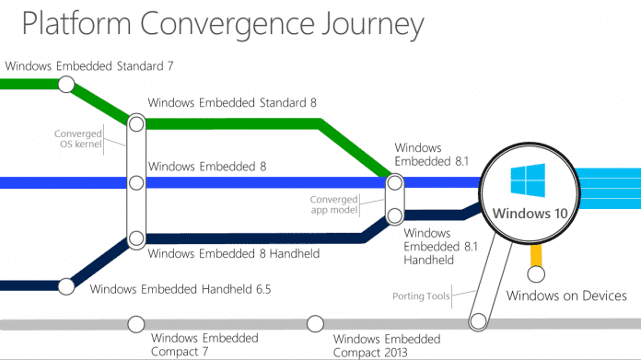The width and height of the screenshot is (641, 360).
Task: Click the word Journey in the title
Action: point(372,25)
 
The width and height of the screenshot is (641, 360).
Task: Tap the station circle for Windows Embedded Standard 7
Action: point(66,85)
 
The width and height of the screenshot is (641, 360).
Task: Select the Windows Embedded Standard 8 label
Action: point(232,102)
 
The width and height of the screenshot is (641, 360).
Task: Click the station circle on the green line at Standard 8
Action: point(136,123)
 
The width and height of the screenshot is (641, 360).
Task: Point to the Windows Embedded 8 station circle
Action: point(136,182)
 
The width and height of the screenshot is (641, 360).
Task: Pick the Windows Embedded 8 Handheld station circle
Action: point(136,238)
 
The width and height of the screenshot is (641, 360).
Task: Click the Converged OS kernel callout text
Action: point(78,139)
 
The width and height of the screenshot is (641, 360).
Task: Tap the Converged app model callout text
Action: point(334,204)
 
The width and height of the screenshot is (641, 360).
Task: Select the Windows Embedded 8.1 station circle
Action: point(395,182)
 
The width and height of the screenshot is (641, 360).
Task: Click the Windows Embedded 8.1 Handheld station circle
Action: point(395,215)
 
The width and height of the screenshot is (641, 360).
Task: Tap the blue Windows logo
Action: point(528,180)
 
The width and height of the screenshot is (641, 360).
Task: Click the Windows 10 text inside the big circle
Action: point(530,214)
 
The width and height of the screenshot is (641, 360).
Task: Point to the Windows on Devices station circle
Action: point(536,274)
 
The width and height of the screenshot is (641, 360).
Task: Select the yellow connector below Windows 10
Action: point(536,255)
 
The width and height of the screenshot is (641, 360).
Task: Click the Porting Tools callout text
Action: point(421,296)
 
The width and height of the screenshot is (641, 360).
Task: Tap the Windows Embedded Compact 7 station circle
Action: point(136,324)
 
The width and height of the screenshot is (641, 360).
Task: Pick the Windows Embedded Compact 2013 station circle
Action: point(315,324)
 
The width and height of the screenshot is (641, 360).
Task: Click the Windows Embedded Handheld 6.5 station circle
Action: point(66,286)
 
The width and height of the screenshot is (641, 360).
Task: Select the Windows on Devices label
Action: point(566,296)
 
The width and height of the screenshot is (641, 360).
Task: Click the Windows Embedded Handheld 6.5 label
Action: point(181,289)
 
